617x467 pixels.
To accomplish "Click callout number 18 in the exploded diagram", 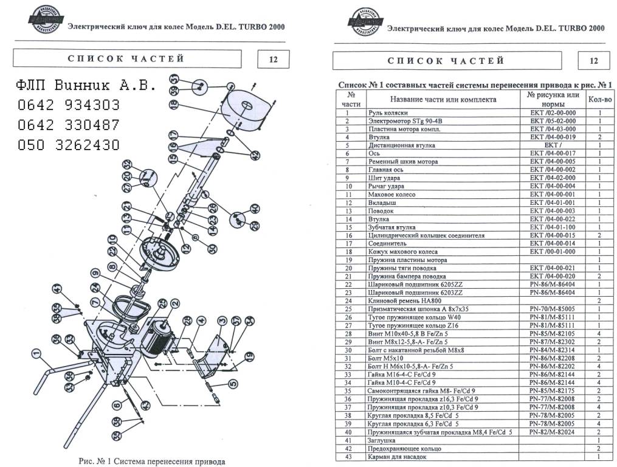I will coord(174,104).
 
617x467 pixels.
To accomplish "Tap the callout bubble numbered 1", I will coord(36,351).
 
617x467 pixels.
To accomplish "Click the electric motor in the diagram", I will coord(159,338).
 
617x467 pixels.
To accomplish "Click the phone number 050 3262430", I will coord(68,145).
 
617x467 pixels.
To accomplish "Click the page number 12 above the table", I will coord(594,60).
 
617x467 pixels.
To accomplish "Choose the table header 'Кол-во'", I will coord(599,99).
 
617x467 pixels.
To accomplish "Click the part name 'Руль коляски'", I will coord(387,113).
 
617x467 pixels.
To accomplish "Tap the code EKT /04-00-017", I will coord(553,154).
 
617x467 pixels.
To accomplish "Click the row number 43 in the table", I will coord(348,456).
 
